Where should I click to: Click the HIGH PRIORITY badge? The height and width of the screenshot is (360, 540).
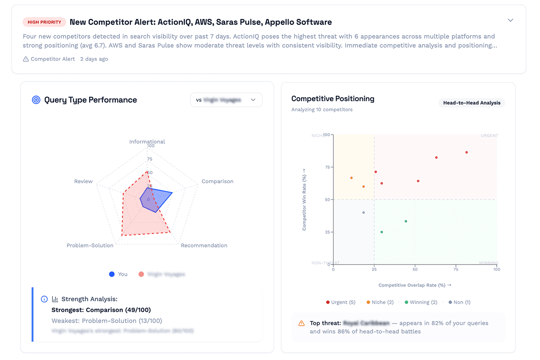pos(44,22)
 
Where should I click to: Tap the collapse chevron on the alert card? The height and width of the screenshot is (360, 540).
pos(510,20)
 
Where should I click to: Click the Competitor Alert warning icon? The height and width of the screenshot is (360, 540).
pos(26,59)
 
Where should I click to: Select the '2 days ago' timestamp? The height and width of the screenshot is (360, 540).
pos(94,59)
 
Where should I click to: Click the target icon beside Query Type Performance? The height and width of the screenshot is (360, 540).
pos(36,100)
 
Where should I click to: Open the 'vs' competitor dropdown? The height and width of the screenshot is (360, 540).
pos(226,100)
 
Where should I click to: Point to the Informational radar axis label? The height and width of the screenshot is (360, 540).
pos(147,142)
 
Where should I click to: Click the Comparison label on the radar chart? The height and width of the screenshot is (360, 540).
pos(217,181)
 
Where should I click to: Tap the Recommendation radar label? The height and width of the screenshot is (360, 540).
pos(204,245)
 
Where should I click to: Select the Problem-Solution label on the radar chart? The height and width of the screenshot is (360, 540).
pos(90,245)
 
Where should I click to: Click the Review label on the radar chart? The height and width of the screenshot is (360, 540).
pos(83,181)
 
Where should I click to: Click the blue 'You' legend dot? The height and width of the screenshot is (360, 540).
pos(112,274)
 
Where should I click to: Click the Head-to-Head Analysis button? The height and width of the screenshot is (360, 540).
pos(472,103)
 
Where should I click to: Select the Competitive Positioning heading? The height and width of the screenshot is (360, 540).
pos(333,99)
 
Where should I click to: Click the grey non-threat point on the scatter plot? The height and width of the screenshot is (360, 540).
pos(364,212)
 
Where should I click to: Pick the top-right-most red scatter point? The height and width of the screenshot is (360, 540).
pos(467,153)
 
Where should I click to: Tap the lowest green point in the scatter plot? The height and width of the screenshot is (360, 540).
pos(382,232)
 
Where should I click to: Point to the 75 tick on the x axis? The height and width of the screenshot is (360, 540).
pos(456,269)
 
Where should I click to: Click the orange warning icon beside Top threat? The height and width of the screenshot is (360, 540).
pos(301,323)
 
